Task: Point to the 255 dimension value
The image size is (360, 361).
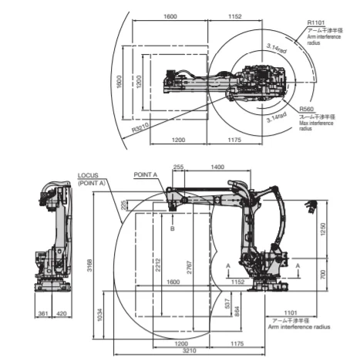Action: (x=179, y=167)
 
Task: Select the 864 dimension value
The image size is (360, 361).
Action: (x=237, y=311)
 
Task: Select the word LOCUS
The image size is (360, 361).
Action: (x=87, y=175)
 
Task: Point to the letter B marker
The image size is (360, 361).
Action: (x=173, y=229)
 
